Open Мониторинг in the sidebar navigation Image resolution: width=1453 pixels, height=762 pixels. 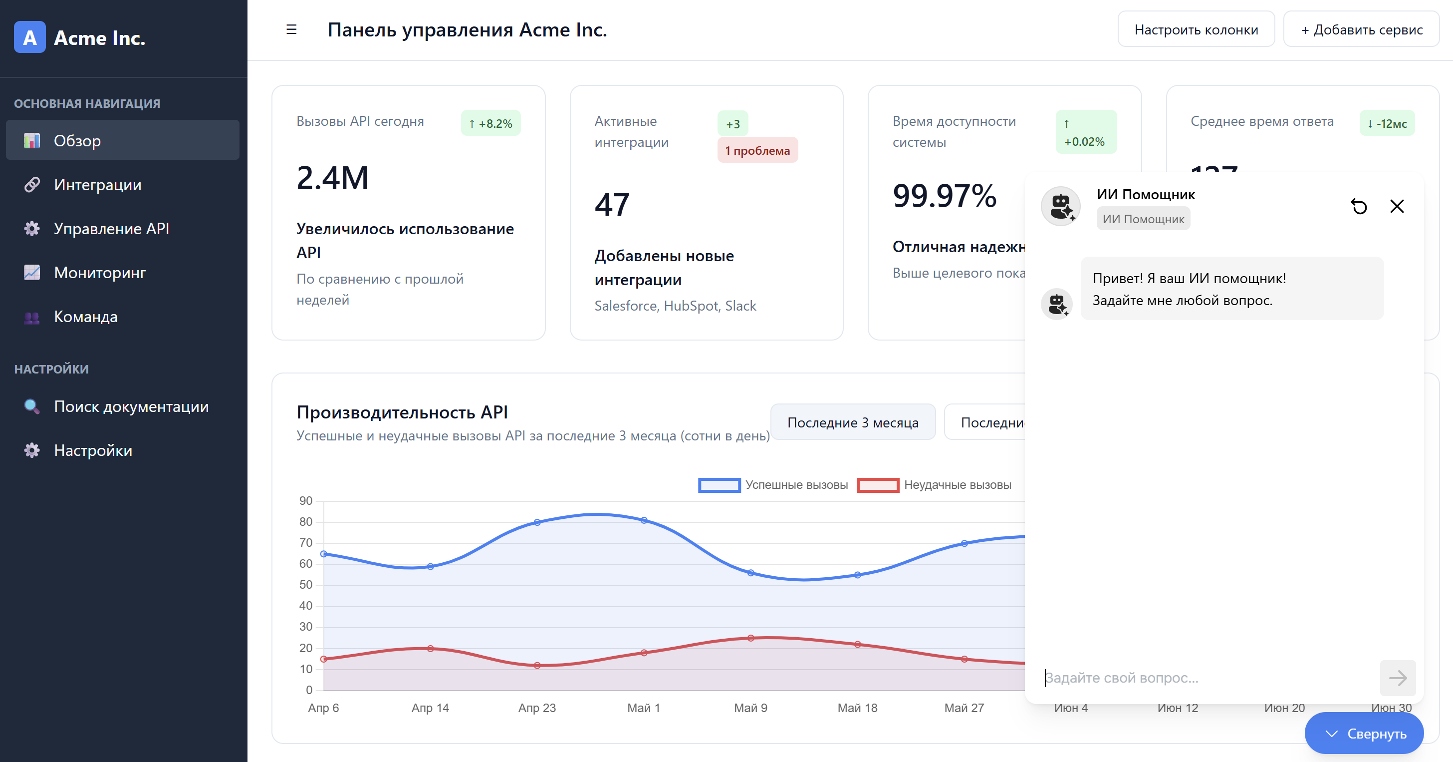pos(99,273)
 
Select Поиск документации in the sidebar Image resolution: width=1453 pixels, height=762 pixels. pos(131,406)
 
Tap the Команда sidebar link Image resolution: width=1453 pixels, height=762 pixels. pos(85,317)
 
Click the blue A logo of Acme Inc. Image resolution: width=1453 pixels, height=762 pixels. pos(29,37)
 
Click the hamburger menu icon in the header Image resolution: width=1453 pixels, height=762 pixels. pos(291,29)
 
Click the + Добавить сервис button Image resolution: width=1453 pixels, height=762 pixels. pos(1361,29)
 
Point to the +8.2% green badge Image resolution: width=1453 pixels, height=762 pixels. pos(490,123)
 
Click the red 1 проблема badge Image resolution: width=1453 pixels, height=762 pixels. pos(757,150)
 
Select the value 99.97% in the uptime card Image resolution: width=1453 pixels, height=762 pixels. pos(944,196)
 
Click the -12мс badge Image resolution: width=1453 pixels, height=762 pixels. pos(1387,123)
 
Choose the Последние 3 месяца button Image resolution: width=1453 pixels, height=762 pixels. pos(852,422)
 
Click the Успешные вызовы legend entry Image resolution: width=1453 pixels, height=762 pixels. pos(773,485)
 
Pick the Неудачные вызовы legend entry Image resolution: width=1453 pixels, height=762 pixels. pos(934,485)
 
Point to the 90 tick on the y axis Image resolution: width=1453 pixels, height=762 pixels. pos(305,501)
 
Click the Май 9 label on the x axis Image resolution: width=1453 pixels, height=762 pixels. pos(750,708)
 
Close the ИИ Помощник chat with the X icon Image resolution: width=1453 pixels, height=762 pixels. pos(1397,207)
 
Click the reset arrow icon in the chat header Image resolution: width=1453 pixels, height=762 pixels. pos(1359,207)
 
